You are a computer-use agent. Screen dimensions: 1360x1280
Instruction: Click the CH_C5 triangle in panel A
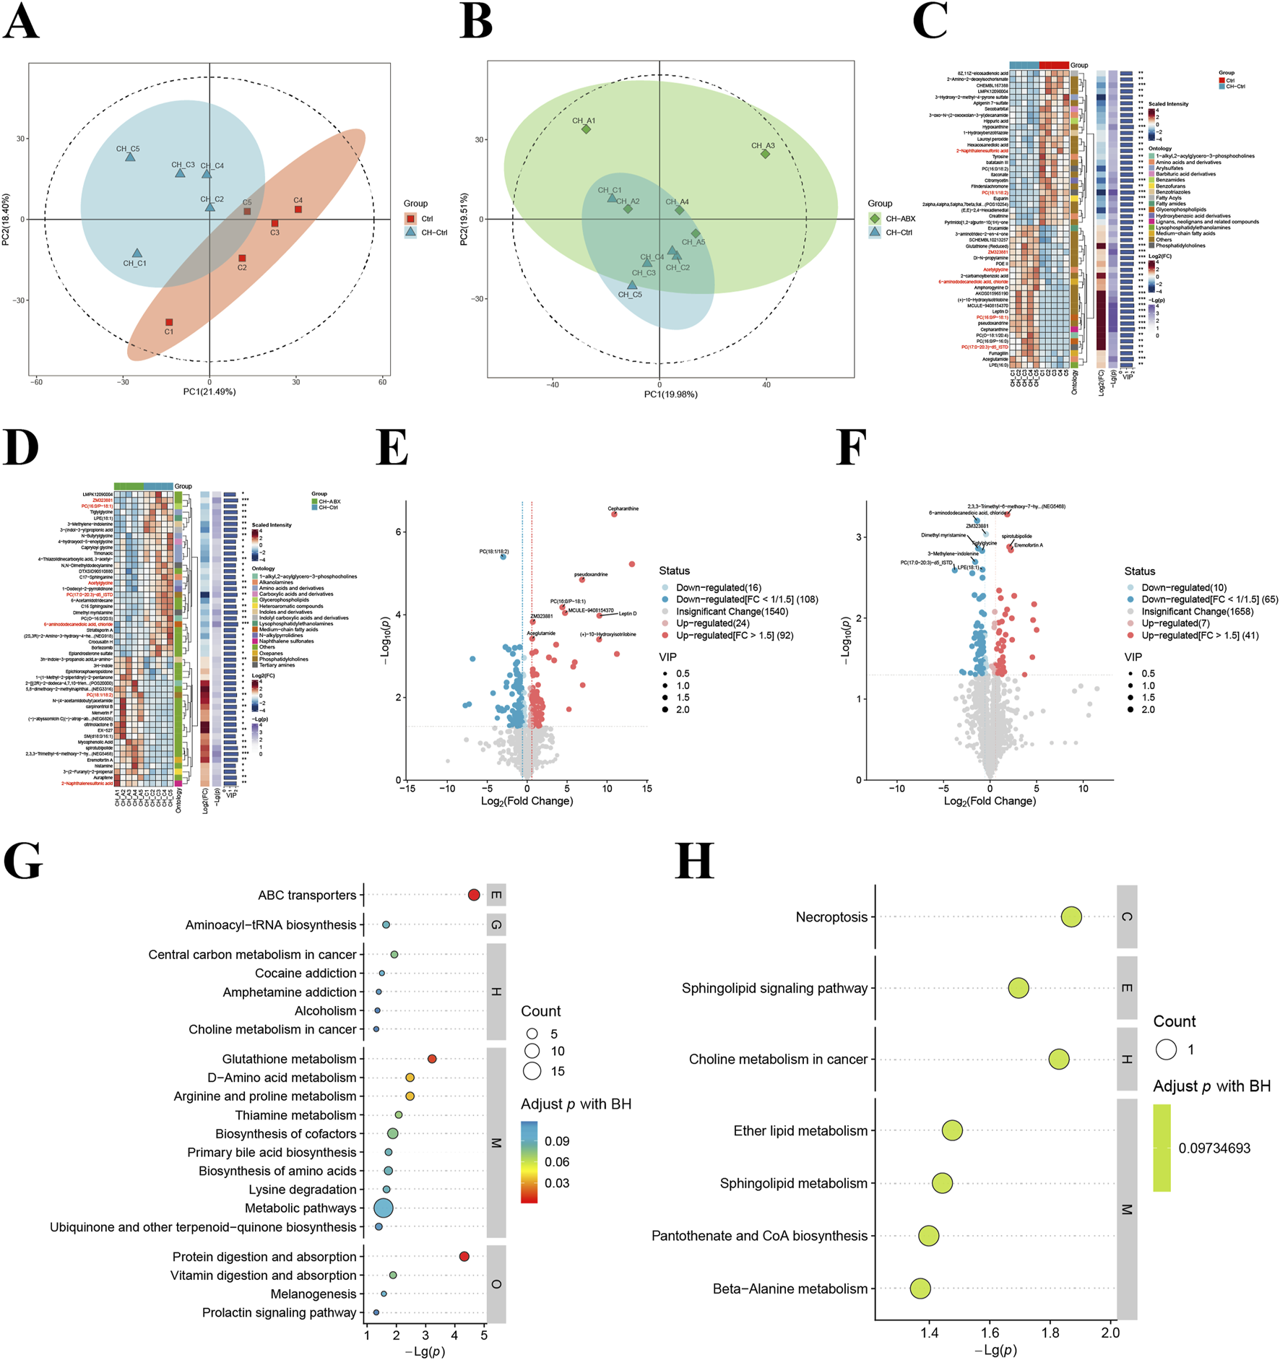coord(130,157)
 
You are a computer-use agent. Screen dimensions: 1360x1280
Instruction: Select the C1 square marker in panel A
coord(169,322)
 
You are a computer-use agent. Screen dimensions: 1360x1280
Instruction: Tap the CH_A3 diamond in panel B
coord(765,154)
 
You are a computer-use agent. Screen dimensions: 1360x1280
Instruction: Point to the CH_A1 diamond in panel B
coord(586,129)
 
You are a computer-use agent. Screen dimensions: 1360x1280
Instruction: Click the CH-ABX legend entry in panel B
coord(900,218)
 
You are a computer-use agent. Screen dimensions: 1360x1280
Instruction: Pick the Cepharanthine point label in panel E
coord(623,508)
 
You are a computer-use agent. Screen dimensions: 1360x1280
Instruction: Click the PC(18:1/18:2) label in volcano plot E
coord(494,552)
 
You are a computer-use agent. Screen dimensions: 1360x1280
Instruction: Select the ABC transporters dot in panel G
coord(473,895)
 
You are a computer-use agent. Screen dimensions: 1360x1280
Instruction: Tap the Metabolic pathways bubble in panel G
coord(383,1208)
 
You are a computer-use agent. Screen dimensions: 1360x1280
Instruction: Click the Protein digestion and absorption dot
coord(464,1256)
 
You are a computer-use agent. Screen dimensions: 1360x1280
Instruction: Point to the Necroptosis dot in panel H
coord(1071,917)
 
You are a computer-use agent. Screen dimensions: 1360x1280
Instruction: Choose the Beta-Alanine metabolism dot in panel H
coord(920,1288)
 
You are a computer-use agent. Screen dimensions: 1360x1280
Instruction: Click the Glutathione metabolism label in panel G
coord(289,1059)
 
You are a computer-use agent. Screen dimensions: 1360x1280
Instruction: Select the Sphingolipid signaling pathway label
coord(774,988)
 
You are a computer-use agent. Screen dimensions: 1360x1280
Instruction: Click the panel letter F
coord(850,448)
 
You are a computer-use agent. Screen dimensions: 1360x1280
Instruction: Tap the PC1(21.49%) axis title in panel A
coord(209,391)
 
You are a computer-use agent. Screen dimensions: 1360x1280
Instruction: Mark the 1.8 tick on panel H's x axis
coord(1050,1333)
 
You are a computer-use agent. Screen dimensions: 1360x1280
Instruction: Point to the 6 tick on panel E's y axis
coord(398,532)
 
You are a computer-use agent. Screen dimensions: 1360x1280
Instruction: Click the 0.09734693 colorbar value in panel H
coord(1214,1148)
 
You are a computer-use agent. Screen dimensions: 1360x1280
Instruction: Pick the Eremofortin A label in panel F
coord(1028,545)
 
